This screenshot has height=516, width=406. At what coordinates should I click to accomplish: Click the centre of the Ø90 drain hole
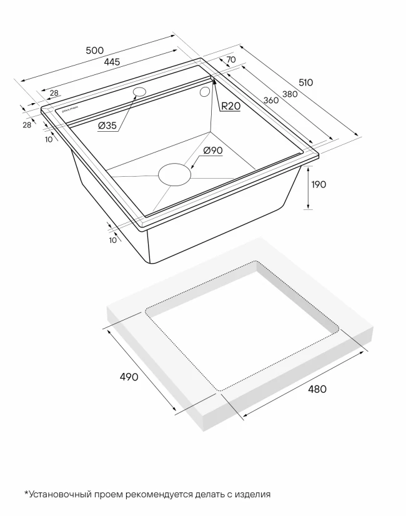tap(174, 174)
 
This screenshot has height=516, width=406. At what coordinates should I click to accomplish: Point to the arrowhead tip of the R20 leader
tap(214, 79)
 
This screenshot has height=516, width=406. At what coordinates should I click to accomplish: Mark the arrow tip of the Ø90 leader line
tap(190, 169)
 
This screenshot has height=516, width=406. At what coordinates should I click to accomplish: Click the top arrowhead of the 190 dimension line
tap(308, 167)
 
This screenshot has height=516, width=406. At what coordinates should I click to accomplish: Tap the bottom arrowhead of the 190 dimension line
tap(308, 209)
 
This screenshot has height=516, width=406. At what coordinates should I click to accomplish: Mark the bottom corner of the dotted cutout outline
tap(219, 390)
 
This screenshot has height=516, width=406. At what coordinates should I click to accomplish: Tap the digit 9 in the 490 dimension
tap(129, 377)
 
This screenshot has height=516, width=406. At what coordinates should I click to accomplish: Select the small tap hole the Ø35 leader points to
tap(139, 91)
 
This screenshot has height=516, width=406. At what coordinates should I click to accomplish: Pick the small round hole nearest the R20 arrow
tap(205, 91)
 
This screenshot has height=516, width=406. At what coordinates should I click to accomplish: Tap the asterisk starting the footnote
tap(26, 493)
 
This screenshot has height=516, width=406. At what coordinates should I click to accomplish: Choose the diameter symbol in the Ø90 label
tap(207, 151)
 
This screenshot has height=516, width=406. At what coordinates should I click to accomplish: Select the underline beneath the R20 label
tap(230, 112)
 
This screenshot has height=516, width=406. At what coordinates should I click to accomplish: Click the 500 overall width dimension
tap(94, 51)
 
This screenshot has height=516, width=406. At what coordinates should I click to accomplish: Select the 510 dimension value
tap(305, 82)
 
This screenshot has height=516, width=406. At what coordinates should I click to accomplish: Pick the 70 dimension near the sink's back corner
tap(231, 59)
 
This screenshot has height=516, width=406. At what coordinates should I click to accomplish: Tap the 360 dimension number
tap(271, 100)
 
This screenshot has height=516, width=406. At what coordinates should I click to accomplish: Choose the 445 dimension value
tap(112, 62)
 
